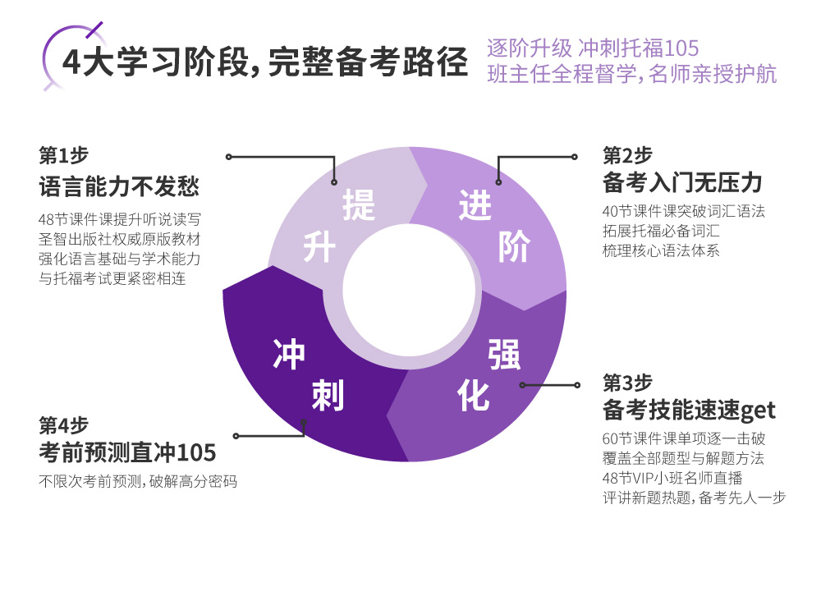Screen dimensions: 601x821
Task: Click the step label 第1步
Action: [63, 155]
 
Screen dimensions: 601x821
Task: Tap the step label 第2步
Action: [627, 155]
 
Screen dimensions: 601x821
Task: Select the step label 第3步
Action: [627, 383]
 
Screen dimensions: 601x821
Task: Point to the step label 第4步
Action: [63, 426]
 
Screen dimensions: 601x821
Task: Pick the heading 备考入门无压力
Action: [682, 182]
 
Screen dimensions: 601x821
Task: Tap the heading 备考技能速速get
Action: [689, 409]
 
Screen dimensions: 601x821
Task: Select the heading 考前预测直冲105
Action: [127, 452]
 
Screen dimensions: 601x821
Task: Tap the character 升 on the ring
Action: [320, 246]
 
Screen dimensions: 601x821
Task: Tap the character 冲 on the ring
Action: [289, 355]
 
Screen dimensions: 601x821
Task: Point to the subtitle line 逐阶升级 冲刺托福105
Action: [592, 47]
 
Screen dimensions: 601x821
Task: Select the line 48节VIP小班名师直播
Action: [672, 477]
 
